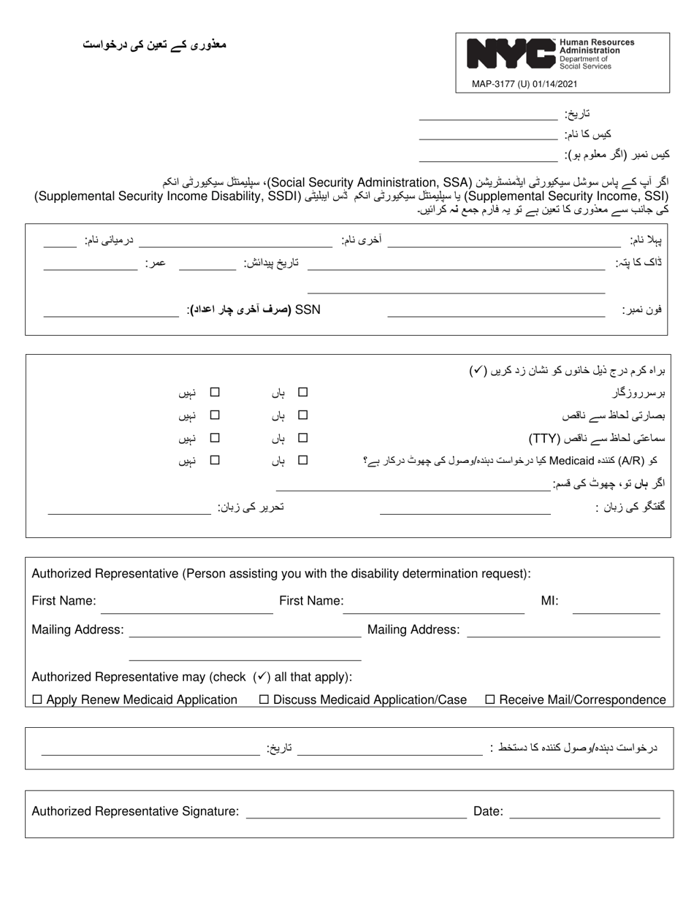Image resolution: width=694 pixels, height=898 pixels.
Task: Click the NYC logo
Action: click(511, 54)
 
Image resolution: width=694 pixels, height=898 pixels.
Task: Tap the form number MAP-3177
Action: click(495, 84)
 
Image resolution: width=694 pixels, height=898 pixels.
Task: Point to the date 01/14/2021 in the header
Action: click(555, 84)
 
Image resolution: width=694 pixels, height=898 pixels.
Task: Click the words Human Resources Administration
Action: click(596, 47)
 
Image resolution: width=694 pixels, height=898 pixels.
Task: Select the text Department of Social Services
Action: click(586, 63)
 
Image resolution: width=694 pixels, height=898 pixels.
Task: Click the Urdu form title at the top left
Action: click(154, 45)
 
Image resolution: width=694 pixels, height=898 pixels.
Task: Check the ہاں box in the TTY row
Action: click(303, 438)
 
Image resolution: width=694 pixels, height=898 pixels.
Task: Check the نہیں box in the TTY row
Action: click(215, 438)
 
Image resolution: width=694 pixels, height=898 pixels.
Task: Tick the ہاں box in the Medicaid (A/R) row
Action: click(303, 460)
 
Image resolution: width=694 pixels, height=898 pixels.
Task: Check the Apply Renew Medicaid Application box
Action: click(37, 699)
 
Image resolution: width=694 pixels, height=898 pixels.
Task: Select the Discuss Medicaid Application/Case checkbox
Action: click(264, 699)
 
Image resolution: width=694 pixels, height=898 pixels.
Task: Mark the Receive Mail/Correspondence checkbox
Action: click(490, 699)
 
